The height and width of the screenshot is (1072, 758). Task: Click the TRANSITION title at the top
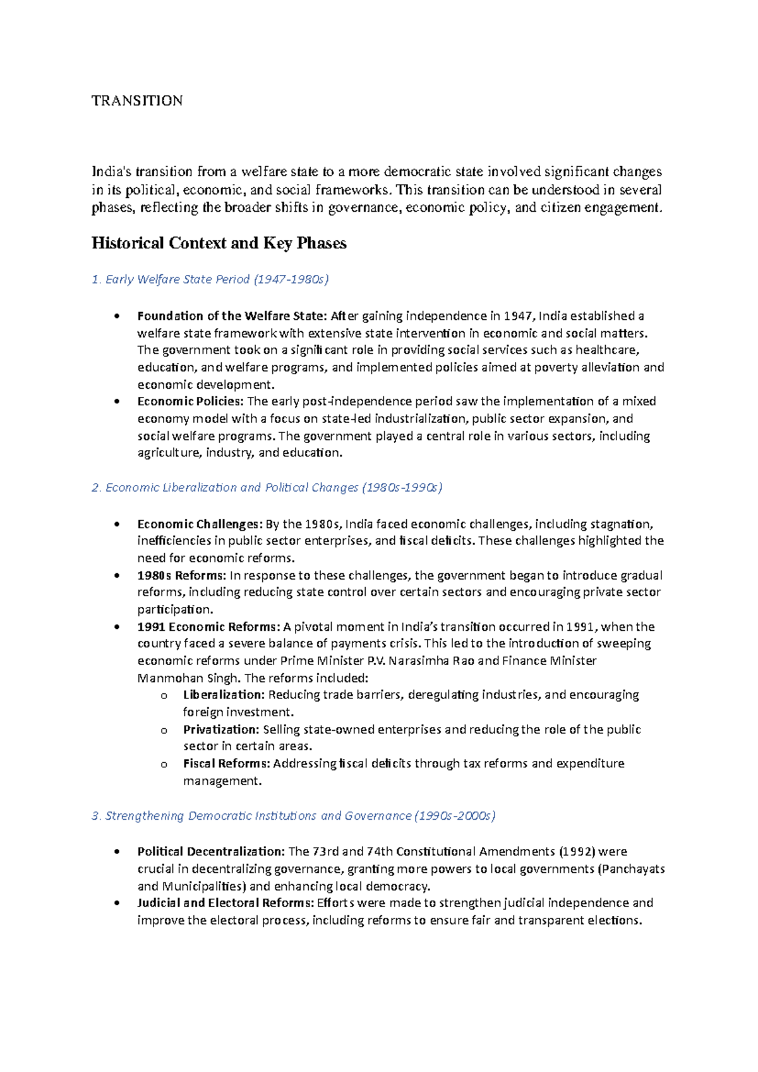(x=137, y=100)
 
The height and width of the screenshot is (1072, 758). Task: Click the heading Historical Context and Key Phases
(x=219, y=243)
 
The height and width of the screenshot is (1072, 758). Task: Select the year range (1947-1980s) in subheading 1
(x=291, y=279)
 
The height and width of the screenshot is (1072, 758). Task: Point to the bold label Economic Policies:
(x=190, y=401)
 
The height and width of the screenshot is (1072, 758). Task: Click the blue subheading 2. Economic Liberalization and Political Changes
(x=267, y=487)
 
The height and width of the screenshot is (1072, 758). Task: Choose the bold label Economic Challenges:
(x=199, y=524)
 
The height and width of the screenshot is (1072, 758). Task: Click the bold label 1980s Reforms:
(x=181, y=575)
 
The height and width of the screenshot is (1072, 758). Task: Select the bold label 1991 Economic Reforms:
(x=208, y=627)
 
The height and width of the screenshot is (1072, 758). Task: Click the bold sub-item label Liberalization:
(x=224, y=695)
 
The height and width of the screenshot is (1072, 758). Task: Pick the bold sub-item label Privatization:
(x=221, y=729)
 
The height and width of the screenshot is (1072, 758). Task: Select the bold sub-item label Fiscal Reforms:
(x=227, y=764)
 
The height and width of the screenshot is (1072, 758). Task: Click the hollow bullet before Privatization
(x=164, y=730)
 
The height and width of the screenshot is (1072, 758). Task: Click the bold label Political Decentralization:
(x=211, y=851)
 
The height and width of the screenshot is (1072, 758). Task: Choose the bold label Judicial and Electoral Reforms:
(x=225, y=903)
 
